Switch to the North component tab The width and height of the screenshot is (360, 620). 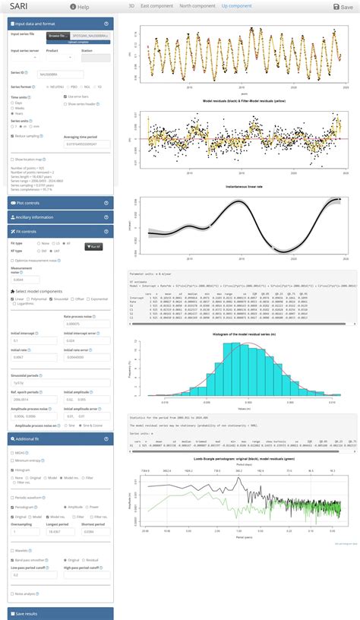[x=196, y=6]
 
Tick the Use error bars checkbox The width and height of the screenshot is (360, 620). [x=67, y=97]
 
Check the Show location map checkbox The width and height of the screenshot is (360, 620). [x=13, y=160]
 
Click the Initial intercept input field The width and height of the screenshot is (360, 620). [x=34, y=341]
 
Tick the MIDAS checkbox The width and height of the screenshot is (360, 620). [x=13, y=452]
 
